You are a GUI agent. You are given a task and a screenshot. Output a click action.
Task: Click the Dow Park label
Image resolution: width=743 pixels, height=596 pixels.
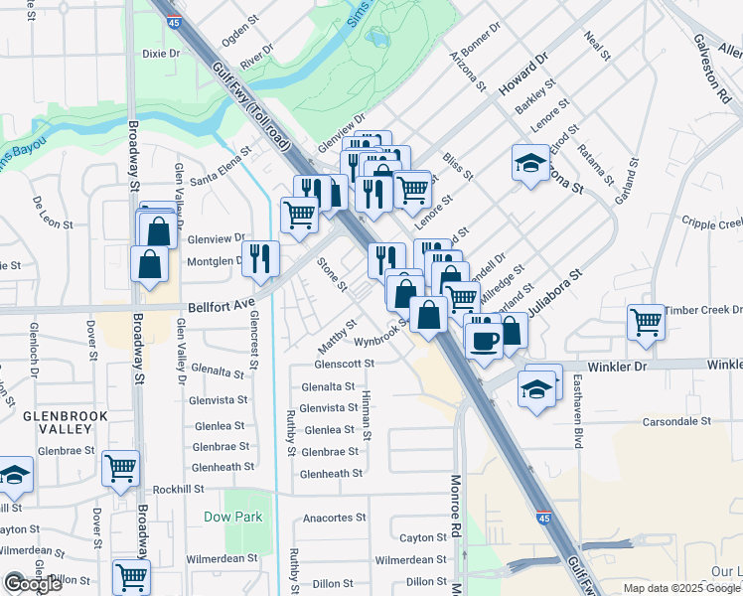[233, 518]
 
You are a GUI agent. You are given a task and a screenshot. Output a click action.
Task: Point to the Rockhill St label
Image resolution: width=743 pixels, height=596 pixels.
[178, 489]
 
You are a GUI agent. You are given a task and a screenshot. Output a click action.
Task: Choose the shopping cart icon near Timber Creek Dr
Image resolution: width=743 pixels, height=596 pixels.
[646, 322]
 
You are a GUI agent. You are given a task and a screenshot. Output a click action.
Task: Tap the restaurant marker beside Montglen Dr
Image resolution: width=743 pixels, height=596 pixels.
[260, 258]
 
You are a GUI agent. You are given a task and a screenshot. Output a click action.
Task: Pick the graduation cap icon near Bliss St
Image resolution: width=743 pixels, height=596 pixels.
[530, 162]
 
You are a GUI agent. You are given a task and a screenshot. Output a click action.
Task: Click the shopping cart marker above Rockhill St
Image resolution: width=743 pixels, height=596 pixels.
[121, 467]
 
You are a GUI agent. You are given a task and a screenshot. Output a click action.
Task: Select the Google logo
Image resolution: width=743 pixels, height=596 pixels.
[33, 583]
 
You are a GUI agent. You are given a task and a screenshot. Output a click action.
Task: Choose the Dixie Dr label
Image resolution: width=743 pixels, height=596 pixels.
[161, 53]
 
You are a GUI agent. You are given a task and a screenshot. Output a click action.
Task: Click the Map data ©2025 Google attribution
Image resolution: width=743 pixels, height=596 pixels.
[681, 587]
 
